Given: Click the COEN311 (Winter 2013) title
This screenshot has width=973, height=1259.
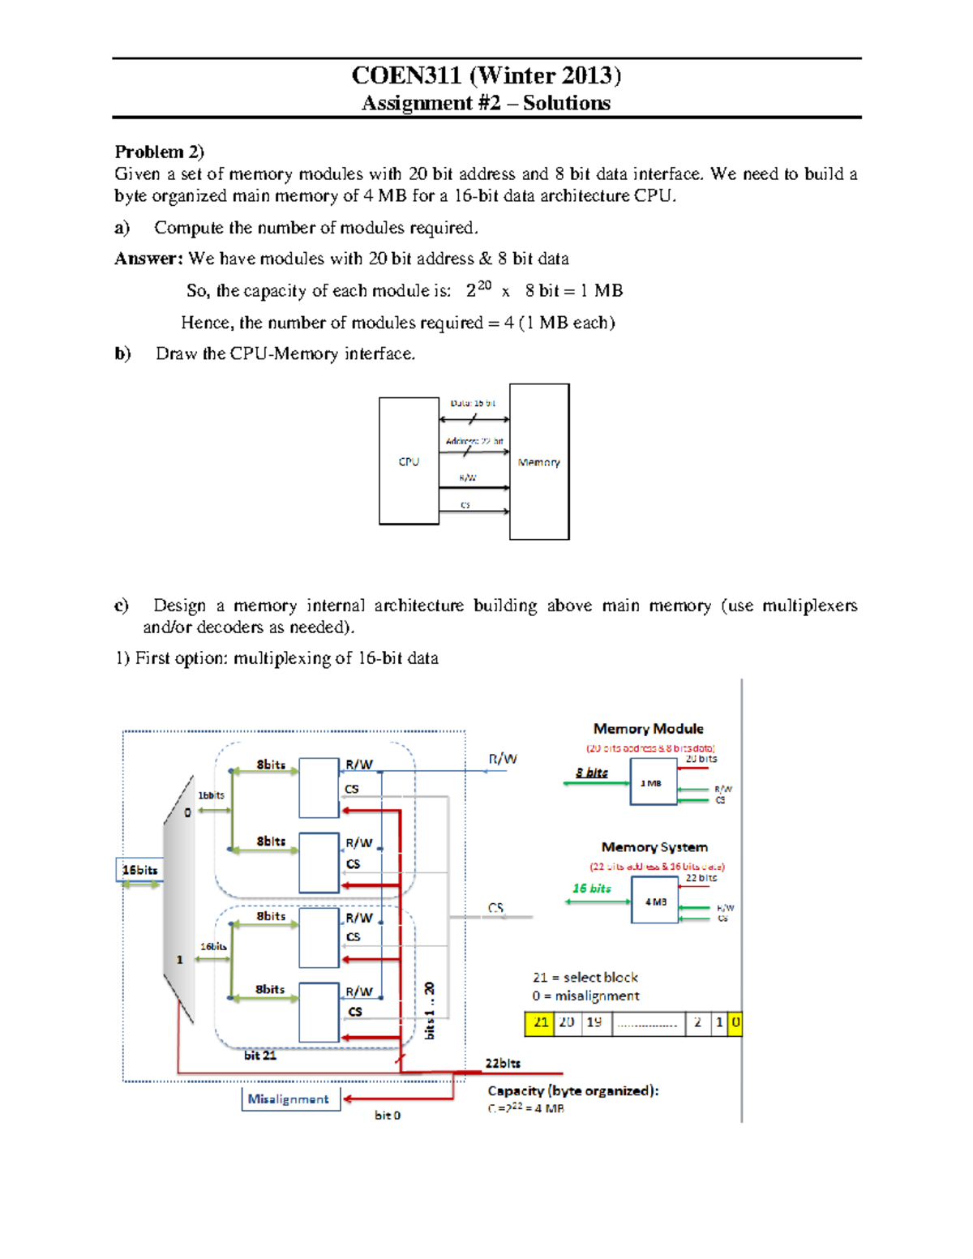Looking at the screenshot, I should (x=486, y=75).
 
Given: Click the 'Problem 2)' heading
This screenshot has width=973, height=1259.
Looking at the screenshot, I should (x=159, y=152).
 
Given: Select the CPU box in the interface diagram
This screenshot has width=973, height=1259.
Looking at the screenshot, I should (x=409, y=461).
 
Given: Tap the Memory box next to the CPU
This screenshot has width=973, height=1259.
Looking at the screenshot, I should (x=539, y=462).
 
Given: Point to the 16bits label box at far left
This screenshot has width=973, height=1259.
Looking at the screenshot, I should (x=139, y=870).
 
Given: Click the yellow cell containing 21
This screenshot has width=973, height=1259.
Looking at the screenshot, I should (x=540, y=1023).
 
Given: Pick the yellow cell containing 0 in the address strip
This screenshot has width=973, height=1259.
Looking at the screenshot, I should (x=735, y=1023).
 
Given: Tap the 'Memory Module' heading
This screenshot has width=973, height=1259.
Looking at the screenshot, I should (x=648, y=729).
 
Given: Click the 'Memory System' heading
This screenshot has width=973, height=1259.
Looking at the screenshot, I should (x=654, y=847).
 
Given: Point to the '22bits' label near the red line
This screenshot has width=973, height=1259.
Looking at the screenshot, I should (x=503, y=1064).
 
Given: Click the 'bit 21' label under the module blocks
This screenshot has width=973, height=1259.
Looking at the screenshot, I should (x=260, y=1056).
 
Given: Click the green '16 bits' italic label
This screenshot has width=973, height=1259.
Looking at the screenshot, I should (x=592, y=889).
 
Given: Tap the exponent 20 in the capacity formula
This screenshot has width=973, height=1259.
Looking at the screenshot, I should (x=484, y=285).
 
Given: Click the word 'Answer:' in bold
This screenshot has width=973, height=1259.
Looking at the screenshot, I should (x=148, y=259).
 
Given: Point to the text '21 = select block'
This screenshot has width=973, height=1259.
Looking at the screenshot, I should (x=585, y=978).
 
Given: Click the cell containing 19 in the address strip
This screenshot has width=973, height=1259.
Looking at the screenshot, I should (x=595, y=1023).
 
